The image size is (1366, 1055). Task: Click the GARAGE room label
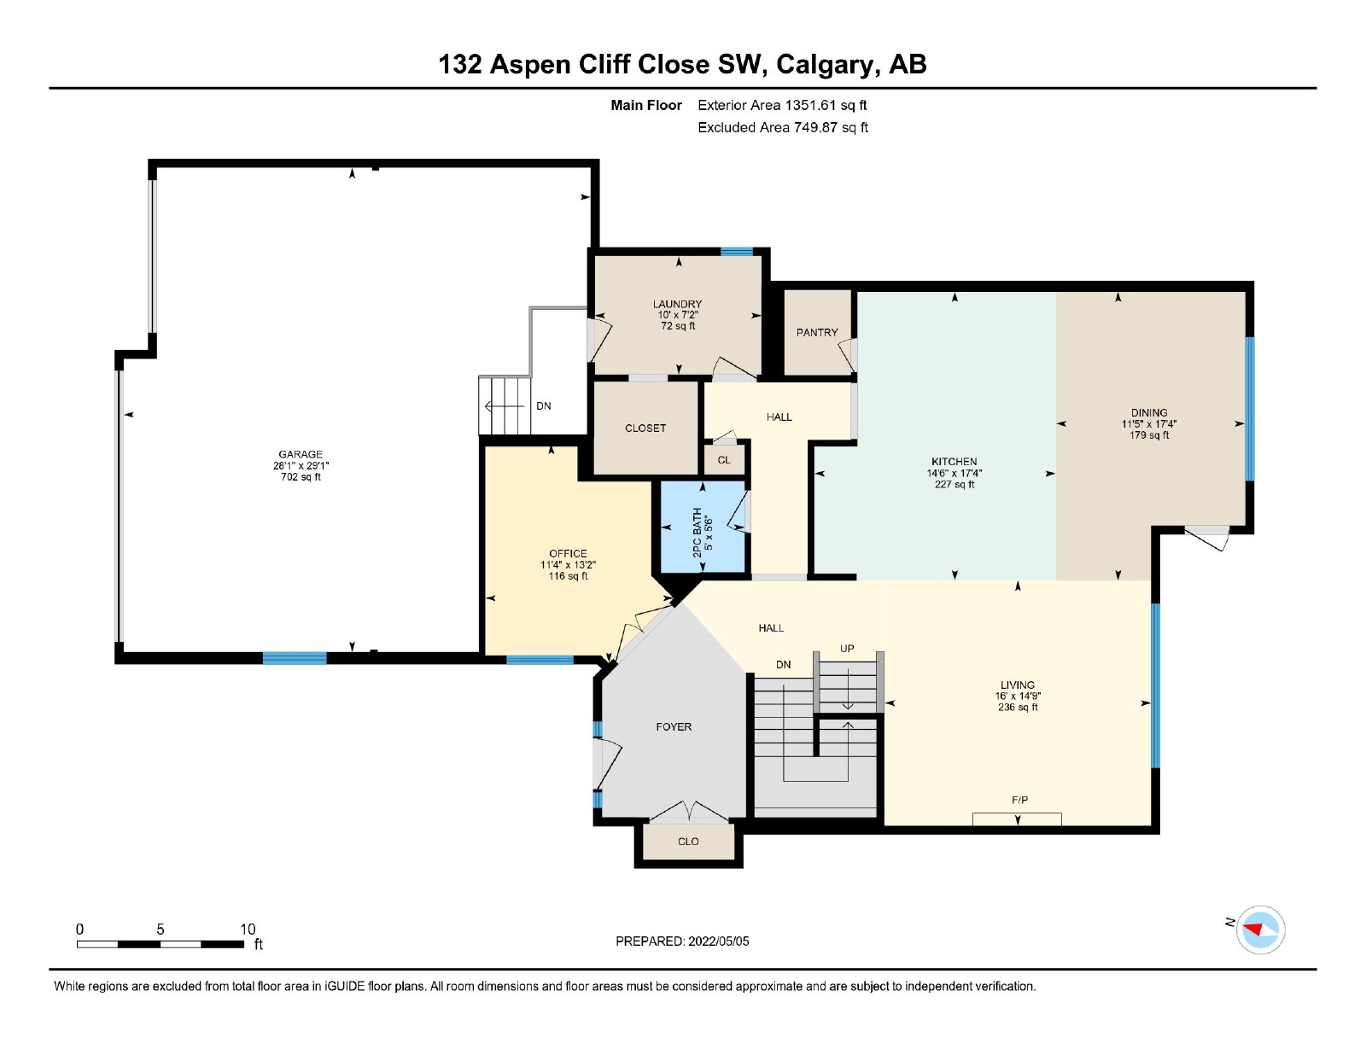301,454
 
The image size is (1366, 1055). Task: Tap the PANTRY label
816,332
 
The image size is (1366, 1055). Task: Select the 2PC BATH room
702,527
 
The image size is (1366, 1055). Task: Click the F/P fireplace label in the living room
1019,800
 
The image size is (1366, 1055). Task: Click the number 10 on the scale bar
248,929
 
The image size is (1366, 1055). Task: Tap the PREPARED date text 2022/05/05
719,941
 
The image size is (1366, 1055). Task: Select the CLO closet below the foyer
688,842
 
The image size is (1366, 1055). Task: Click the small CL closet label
724,460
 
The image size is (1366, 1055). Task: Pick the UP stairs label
847,649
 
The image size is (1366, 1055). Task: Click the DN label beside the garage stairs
544,406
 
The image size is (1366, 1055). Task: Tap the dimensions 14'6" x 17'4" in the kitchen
954,473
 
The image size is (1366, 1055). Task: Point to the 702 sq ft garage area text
301,477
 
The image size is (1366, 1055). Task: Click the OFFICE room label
568,554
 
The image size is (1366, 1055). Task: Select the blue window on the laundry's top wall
736,251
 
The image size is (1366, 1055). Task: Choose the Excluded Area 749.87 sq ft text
783,127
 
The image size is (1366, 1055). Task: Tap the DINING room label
1149,413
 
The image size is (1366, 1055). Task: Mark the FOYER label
674,727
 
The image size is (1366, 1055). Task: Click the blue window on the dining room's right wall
1251,409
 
